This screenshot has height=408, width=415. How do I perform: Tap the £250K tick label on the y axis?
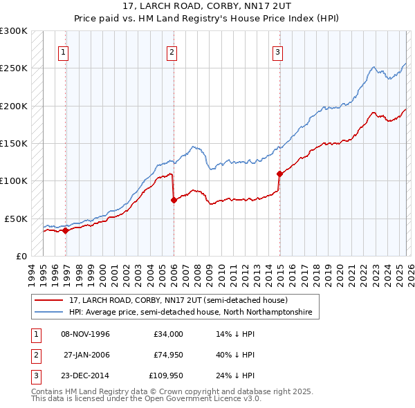tap(14, 68)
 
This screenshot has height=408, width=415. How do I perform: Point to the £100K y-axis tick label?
tap(14, 180)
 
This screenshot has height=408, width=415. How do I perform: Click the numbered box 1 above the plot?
tap(63, 51)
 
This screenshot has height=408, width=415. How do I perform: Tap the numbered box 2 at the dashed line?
tap(171, 51)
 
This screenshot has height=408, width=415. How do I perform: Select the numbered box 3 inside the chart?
tap(277, 51)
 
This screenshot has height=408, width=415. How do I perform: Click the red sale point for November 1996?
tap(65, 230)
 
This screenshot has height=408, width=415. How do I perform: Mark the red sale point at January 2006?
tap(174, 200)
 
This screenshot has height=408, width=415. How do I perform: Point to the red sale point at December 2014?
tap(279, 174)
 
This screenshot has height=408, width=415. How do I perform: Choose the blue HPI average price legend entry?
tap(190, 313)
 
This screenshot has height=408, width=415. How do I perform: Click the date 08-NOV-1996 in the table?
tap(86, 334)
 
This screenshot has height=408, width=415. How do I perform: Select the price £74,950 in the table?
tap(168, 355)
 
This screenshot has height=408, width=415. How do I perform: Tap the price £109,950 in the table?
tap(167, 375)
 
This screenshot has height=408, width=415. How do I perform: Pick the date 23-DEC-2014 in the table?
tap(86, 375)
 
